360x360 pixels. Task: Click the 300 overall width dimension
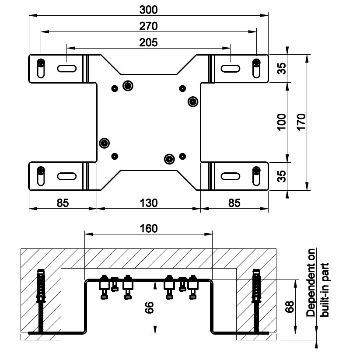click(148, 9)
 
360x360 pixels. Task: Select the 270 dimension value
click(148, 26)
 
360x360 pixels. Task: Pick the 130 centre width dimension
click(148, 203)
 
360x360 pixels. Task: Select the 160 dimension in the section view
click(148, 228)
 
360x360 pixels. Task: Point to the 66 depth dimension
click(149, 309)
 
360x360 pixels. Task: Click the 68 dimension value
click(289, 308)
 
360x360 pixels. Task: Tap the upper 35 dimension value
click(282, 69)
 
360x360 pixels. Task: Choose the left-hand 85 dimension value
click(63, 203)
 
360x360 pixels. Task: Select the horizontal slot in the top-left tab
click(66, 68)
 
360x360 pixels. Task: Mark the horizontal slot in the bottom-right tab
click(230, 176)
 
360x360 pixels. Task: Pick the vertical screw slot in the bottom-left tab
click(41, 176)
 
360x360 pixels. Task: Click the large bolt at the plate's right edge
click(192, 102)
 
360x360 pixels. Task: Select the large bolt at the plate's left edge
click(104, 143)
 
